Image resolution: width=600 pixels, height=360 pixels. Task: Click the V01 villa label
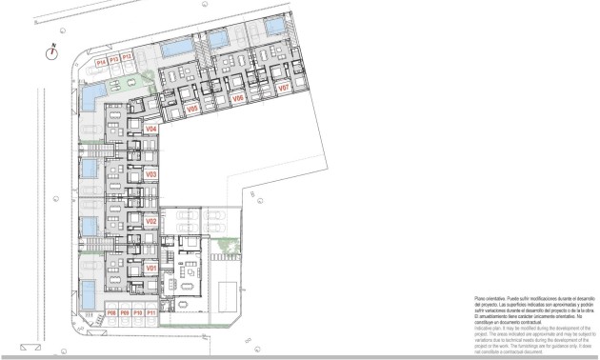(150, 270)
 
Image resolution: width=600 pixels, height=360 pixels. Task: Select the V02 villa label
(150, 222)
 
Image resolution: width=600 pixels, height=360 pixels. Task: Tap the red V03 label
(150, 175)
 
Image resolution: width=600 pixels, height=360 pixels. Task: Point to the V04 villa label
(150, 129)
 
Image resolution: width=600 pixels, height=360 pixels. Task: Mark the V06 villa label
(238, 98)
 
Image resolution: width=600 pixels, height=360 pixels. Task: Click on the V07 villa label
(283, 88)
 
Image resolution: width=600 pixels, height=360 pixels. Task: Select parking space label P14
(101, 60)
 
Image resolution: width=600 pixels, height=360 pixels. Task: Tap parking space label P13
(113, 60)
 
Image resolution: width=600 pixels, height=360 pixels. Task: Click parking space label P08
(111, 312)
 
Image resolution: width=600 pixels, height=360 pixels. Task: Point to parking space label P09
(124, 312)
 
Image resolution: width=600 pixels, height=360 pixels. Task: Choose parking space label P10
(137, 312)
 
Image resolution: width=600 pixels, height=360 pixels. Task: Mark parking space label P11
(150, 312)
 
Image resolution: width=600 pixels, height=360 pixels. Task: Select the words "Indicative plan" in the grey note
(489, 327)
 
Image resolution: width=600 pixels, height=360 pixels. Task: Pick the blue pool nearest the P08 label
(89, 292)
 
